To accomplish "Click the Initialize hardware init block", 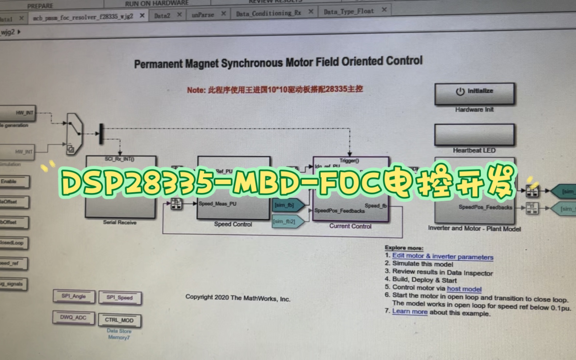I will [x=474, y=94].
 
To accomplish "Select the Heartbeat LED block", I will [x=474, y=135].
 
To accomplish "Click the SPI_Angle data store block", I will [x=74, y=296].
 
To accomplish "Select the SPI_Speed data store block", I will [x=120, y=298].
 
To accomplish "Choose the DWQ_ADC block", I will [x=73, y=317].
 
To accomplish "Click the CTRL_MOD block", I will [x=119, y=320].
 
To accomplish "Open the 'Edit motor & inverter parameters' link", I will [x=442, y=256].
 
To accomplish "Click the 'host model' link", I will [x=464, y=289].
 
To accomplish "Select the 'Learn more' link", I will [x=410, y=311].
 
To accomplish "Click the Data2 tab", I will [x=162, y=16].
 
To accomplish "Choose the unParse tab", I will [x=203, y=15].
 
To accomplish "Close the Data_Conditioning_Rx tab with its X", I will [x=311, y=12].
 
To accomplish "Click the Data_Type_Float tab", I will [x=348, y=12].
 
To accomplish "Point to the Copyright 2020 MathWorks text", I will [x=237, y=298].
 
